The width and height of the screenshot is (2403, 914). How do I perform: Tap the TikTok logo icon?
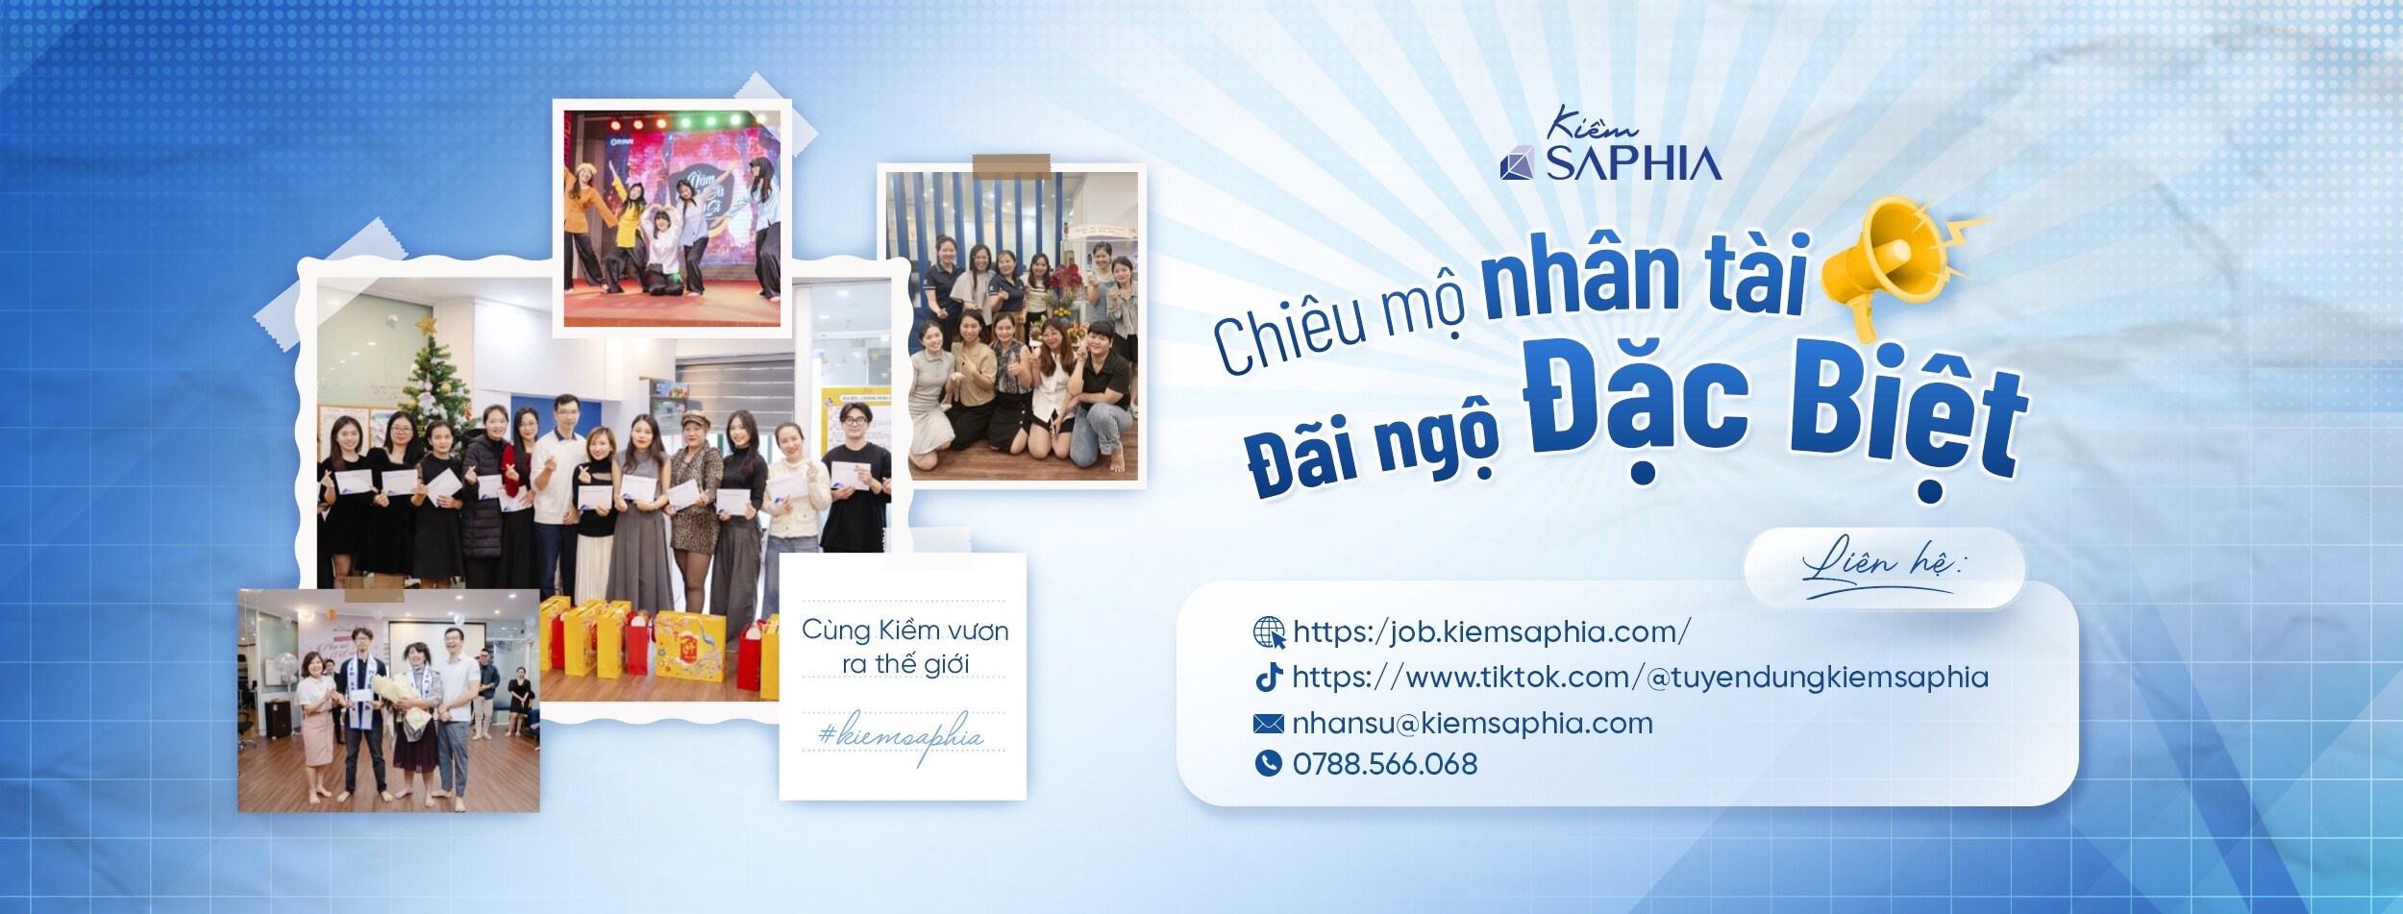click(1269, 677)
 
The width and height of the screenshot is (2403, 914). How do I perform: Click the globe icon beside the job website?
click(1269, 632)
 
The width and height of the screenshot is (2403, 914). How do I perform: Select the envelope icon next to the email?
click(1269, 723)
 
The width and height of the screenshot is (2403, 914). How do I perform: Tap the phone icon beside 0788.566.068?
click(1269, 763)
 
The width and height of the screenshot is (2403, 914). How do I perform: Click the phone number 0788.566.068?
click(1384, 764)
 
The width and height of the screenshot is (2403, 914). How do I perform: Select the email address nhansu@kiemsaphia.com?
click(1472, 723)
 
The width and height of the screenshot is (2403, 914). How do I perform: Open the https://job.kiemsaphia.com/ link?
click(1491, 632)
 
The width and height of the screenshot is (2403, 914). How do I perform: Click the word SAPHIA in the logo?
click(1633, 164)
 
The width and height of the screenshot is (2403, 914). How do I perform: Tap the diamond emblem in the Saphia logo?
click(1518, 164)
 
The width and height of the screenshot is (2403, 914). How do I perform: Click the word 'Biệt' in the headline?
click(1908, 423)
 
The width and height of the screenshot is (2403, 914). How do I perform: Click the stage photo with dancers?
click(672, 218)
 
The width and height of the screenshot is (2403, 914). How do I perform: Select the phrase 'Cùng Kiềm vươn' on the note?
click(904, 630)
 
